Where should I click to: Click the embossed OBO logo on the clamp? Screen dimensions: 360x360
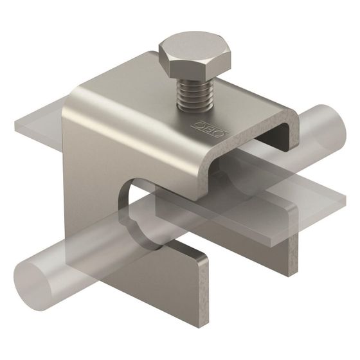coord(212,129)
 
